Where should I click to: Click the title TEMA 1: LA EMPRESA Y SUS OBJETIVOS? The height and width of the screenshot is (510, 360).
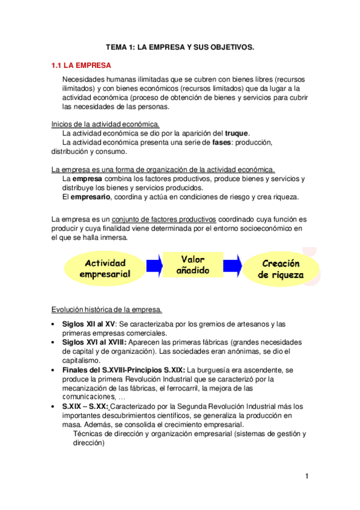point(180,46)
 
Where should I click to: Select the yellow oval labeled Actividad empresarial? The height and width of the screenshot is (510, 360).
point(105,268)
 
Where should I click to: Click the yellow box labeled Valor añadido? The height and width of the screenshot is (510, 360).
point(193,265)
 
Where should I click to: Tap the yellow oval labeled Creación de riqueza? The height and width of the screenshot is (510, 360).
point(281,269)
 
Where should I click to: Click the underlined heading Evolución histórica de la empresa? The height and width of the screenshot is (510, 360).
point(106,310)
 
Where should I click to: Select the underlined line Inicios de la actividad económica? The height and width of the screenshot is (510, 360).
point(105,124)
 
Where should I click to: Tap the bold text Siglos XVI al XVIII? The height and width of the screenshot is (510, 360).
point(92,342)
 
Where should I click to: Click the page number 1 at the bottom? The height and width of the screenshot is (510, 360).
point(307,477)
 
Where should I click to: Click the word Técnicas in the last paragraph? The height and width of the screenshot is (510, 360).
point(88,434)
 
